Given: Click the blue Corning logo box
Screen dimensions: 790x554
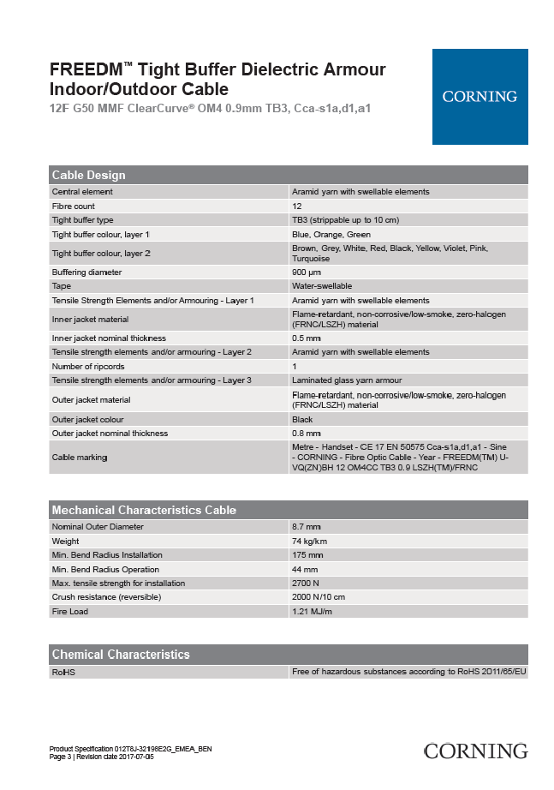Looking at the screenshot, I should coord(480,96).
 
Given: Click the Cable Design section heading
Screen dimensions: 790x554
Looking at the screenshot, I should coord(89,175).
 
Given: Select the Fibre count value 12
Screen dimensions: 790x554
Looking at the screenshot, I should coord(296,206).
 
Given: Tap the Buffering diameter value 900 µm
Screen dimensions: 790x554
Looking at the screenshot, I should coord(307,272).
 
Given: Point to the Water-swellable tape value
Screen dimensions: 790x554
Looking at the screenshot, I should coord(322,286).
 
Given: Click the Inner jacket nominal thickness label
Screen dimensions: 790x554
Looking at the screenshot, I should coord(109,338).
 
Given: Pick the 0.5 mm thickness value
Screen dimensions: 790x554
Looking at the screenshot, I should coord(307,338).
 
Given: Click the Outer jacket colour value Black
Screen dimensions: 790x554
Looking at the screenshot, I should coord(302,420).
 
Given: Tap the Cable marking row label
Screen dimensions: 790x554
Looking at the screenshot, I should coord(80,458).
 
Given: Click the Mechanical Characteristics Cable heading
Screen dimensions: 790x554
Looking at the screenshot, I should coord(144,510).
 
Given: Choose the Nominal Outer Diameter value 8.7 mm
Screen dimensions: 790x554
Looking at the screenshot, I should coord(307,527).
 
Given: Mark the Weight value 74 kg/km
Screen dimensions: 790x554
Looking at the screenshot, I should coord(310,542).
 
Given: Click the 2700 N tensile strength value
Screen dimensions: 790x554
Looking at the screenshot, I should coord(307,584).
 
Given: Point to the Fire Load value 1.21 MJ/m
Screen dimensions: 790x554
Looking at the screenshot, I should coord(312,612).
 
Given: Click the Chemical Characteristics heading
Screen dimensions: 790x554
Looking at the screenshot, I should coord(121,655).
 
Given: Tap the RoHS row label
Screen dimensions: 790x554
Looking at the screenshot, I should coord(63,673).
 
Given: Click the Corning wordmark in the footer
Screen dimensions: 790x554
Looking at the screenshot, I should coord(476,751).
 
